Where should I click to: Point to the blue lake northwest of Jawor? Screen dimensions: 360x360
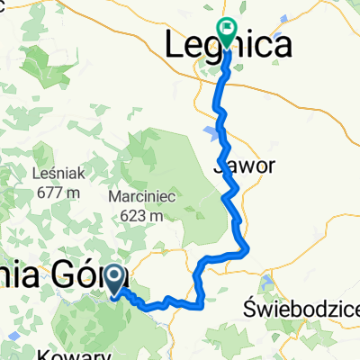(x=212, y=131)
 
